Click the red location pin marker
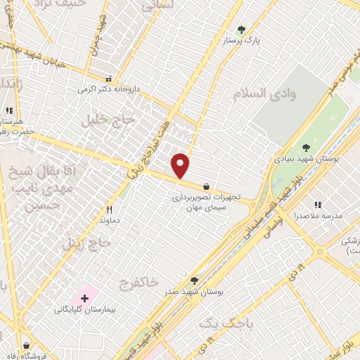(x=181, y=166)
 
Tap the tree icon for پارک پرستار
(x=242, y=30)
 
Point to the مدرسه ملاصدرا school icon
(x=318, y=205)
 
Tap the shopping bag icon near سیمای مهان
(x=205, y=187)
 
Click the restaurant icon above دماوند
(x=109, y=209)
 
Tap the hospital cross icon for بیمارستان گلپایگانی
(x=85, y=299)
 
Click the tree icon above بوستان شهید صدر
(x=194, y=280)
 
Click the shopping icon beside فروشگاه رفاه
(x=26, y=345)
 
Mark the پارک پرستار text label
(x=242, y=41)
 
